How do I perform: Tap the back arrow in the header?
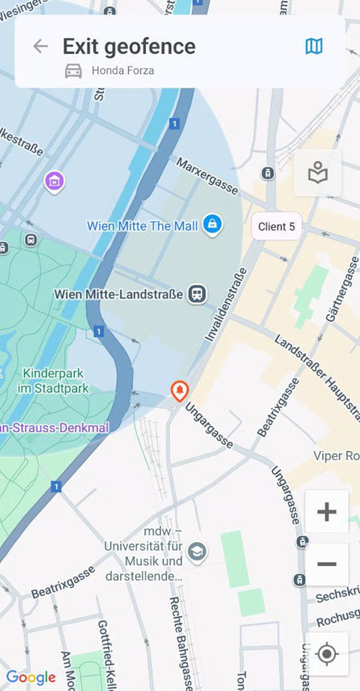point(40,46)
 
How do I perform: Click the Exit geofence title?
point(129,46)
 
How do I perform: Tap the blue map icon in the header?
point(314,46)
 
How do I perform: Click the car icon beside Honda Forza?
point(73,71)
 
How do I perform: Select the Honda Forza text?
point(123,71)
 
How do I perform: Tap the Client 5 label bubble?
point(276,226)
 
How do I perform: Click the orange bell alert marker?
point(180,390)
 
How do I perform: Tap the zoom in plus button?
point(326,512)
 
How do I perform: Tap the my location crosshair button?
point(326,654)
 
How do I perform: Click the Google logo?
point(31,677)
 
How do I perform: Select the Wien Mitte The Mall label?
point(142,225)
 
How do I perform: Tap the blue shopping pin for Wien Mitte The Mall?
point(213,224)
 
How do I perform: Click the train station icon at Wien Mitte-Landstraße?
point(197,293)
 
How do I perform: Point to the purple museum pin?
point(54,180)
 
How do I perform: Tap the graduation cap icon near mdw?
point(197,552)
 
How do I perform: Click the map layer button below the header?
point(318,173)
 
